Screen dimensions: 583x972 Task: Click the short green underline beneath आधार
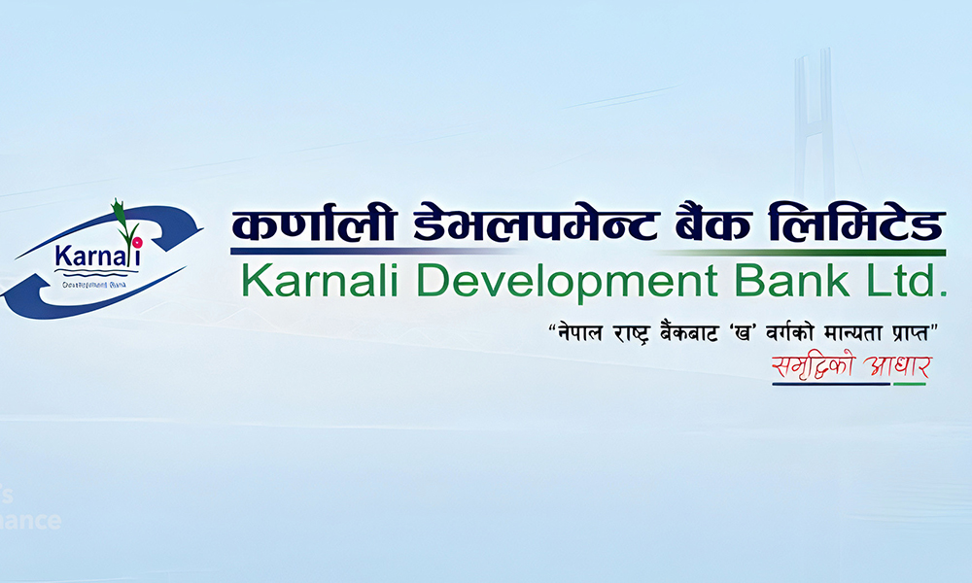tap(910, 384)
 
